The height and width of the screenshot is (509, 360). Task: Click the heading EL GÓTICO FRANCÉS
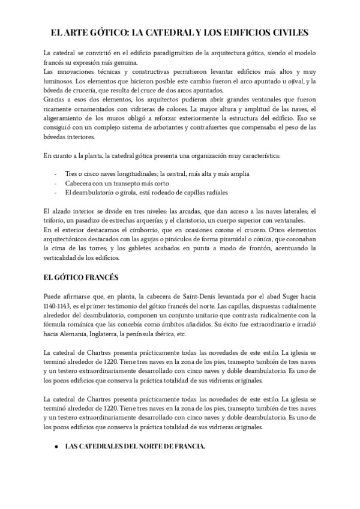[81, 277]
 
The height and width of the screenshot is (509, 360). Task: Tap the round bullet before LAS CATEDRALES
[56, 446]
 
